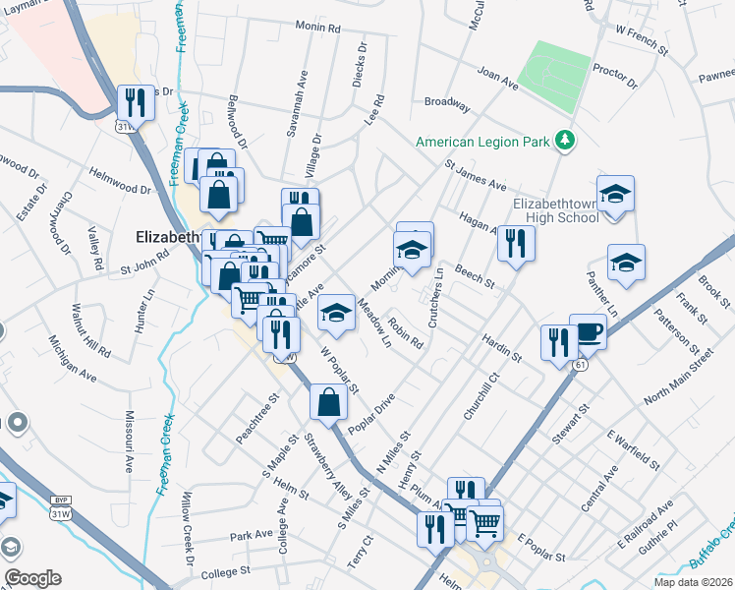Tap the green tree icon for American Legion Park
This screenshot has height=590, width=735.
tap(564, 141)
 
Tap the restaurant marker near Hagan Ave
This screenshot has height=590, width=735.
tap(515, 242)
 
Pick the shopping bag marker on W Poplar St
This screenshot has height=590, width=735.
tap(328, 401)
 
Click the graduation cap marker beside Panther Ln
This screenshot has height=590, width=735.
tap(626, 263)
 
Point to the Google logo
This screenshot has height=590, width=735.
tap(32, 578)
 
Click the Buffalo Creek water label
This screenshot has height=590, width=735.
tap(710, 551)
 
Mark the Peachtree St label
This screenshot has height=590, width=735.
tap(257, 419)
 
